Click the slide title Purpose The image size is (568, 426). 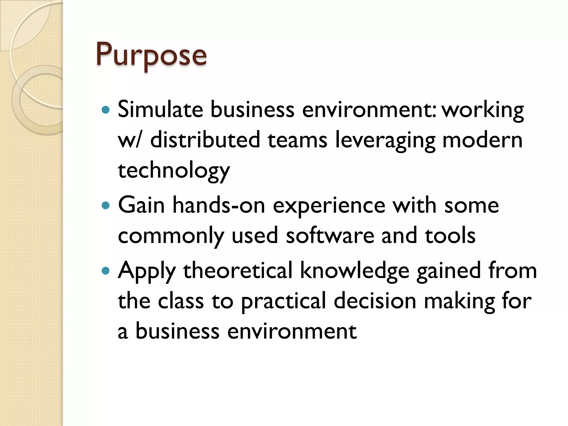point(151,55)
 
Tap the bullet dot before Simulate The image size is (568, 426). point(106,110)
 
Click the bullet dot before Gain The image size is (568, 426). point(106,206)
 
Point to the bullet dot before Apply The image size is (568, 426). point(106,271)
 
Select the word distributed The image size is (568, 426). point(205,140)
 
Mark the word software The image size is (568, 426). point(330,235)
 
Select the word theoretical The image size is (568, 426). point(238,270)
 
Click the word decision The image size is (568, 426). point(375,301)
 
